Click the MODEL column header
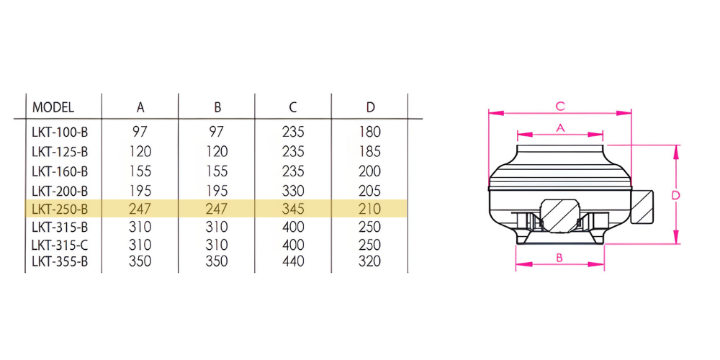pos(53,107)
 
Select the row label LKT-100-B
pos(60,132)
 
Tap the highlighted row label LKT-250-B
pos(60,210)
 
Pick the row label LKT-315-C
pos(60,244)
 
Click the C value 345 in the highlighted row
pos(293,210)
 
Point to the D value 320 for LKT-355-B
pos(370,261)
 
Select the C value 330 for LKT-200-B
pos(293,191)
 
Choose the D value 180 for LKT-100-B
pos(370,132)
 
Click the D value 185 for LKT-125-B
pos(370,151)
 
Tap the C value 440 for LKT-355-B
pos(293,261)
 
